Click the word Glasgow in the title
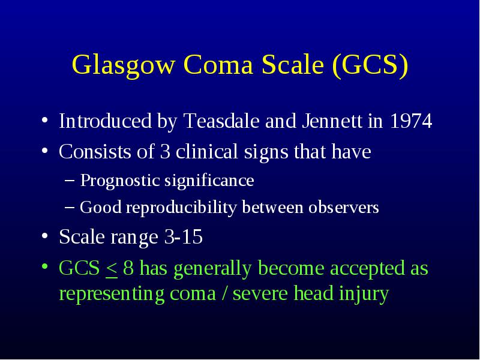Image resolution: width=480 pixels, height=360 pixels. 124,65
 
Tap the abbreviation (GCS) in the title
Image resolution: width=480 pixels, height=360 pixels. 370,65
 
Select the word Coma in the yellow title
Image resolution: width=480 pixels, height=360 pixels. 218,65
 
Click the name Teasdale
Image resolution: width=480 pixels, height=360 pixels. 221,121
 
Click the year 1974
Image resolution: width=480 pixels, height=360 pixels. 411,121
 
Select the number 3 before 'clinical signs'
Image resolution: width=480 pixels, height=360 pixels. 165,152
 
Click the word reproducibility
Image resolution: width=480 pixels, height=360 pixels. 181,208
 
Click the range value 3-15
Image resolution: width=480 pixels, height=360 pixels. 184,236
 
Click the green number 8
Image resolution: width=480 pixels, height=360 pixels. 128,268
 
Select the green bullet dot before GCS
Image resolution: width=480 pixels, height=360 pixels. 44,266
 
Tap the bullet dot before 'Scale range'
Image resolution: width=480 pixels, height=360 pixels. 44,236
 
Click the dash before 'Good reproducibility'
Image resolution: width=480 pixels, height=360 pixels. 70,207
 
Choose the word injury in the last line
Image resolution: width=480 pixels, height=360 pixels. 364,294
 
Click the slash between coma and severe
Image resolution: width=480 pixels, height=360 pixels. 224,293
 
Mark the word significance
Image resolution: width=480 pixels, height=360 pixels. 209,181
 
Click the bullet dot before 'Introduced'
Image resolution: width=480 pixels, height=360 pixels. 44,120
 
